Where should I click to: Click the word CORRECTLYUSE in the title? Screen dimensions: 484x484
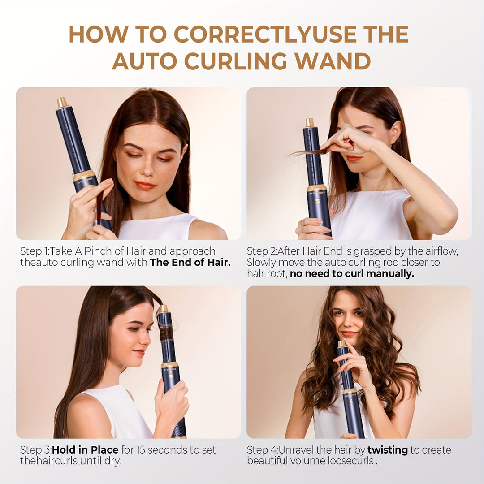pyautogui.click(x=242, y=34)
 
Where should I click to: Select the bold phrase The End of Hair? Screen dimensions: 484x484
pyautogui.click(x=190, y=263)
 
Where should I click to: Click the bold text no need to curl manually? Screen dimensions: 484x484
pyautogui.click(x=352, y=274)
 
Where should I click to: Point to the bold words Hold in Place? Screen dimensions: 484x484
pyautogui.click(x=85, y=449)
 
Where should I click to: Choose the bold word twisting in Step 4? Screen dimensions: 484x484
pyautogui.click(x=387, y=449)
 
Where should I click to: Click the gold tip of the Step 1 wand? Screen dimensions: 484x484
pyautogui.click(x=62, y=103)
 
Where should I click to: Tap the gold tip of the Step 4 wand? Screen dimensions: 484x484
pyautogui.click(x=341, y=344)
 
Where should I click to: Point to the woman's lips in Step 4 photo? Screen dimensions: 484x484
pyautogui.click(x=349, y=333)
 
